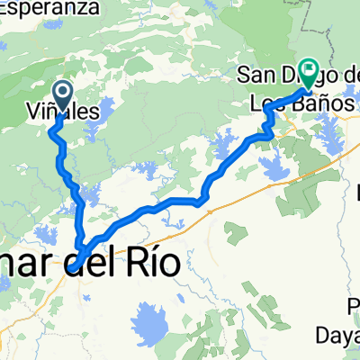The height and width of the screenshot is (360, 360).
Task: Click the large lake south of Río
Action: [x=150, y=319]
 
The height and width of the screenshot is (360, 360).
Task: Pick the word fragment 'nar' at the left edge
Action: [x=22, y=263]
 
